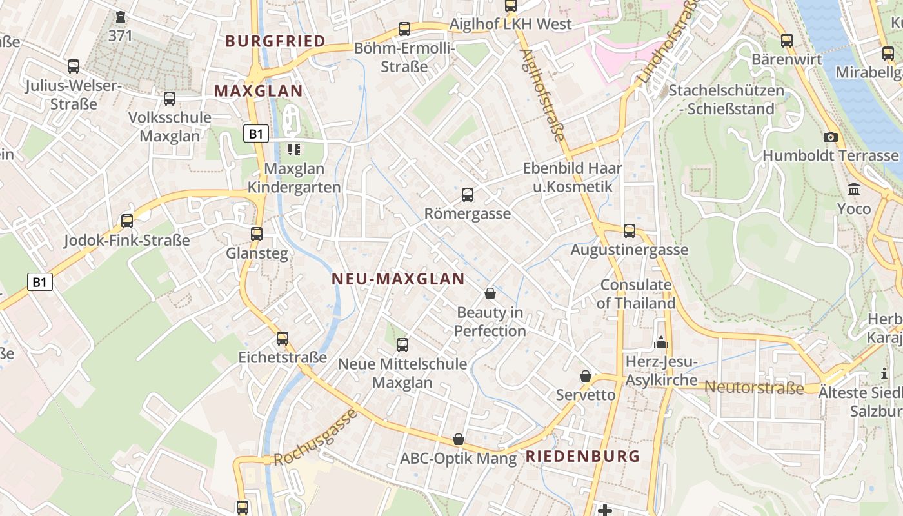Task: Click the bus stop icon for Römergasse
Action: pos(468,194)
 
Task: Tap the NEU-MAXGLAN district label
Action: pos(398,279)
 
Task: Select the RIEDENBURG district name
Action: pos(583,456)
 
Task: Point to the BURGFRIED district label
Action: pos(275,41)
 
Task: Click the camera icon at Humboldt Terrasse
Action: pos(831,137)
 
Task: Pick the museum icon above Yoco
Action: pos(854,190)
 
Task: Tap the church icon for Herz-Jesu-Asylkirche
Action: pos(661,342)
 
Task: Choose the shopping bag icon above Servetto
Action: pos(586,375)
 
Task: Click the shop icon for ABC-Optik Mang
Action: pos(459,439)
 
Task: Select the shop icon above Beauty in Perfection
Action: pos(490,293)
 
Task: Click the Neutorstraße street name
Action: pos(754,387)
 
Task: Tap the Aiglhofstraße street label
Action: pos(542,95)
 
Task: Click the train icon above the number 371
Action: pos(121,17)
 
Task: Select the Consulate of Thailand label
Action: pos(636,293)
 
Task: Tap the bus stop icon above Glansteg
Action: pos(257,233)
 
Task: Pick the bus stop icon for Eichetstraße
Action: pos(283,338)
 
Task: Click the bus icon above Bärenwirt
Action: pos(787,40)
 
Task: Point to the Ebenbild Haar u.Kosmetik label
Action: pos(572,177)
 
